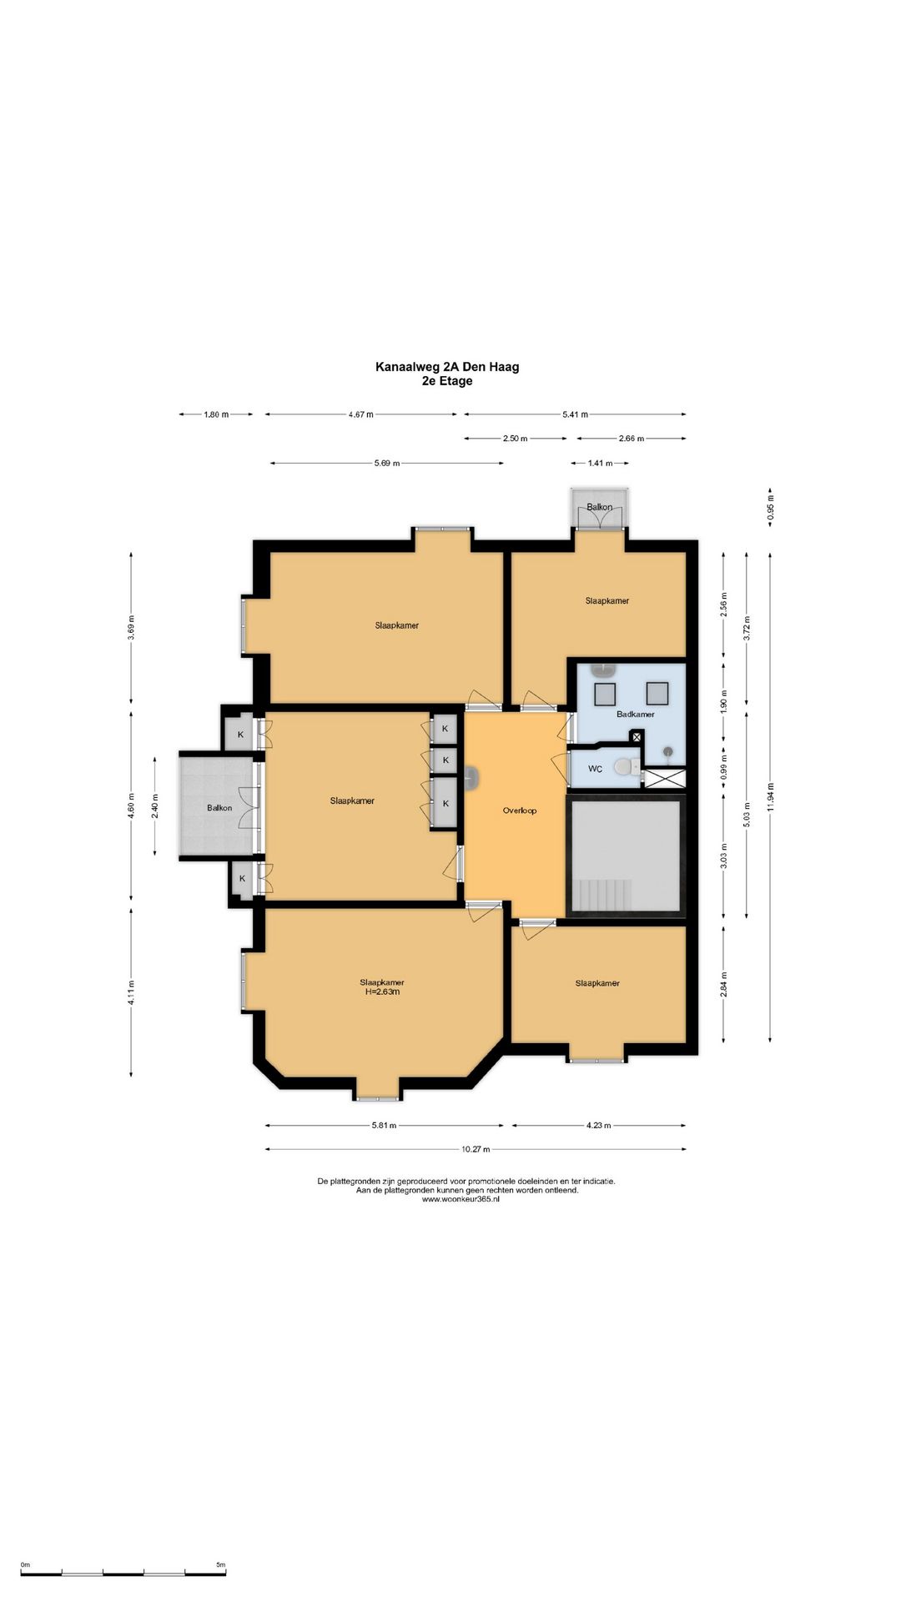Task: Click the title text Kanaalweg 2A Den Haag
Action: pos(447,367)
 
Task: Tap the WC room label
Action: pos(595,769)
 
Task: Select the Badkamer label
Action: pos(636,715)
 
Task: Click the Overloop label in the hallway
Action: pos(520,811)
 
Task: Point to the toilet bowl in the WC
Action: pos(624,766)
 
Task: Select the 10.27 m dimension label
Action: pos(476,1149)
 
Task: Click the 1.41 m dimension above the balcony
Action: pos(600,463)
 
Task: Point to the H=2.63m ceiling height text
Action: pos(382,991)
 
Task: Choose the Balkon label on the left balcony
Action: pos(219,808)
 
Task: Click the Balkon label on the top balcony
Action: pos(599,507)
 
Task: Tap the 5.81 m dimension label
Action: pos(384,1126)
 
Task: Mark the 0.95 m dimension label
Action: pos(770,508)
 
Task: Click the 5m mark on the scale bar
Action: pos(221,1565)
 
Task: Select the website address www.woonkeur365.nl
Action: pos(461,1199)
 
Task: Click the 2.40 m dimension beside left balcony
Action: pos(154,806)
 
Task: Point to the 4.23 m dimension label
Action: pos(598,1126)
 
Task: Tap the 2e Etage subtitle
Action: pos(447,381)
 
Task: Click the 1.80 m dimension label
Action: pos(216,414)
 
